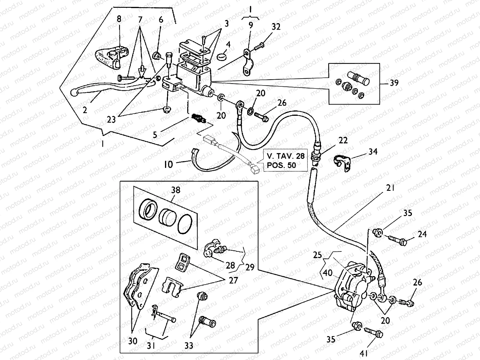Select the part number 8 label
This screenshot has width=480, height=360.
pos(119,19)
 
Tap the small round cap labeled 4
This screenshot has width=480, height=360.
pos(222,56)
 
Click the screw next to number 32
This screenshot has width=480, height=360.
pos(259,46)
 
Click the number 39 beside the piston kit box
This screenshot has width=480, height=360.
pos(394,82)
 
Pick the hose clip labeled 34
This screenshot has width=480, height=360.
pos(342,162)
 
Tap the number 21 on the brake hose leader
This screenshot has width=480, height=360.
pos(391,188)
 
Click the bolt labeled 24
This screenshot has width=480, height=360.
pos(397,240)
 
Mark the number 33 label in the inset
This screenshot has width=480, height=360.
pos(189,346)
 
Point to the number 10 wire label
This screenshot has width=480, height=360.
pos(169,164)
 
